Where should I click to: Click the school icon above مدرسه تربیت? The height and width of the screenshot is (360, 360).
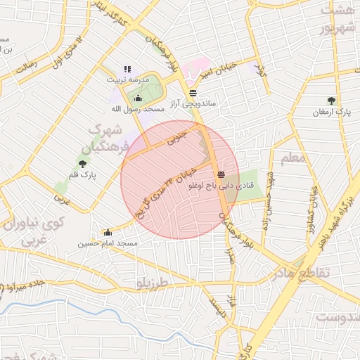[127, 69]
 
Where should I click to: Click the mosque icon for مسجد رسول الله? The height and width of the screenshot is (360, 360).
[137, 98]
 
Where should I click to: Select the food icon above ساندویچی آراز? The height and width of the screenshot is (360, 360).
[193, 93]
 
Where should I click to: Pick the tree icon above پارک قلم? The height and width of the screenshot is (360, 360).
[83, 165]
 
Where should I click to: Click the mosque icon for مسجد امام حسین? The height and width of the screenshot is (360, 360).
[108, 233]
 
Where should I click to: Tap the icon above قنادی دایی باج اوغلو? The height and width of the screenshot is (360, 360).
[221, 174]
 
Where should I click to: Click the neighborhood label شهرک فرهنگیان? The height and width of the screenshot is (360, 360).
[107, 139]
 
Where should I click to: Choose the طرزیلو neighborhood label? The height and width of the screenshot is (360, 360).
[154, 281]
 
